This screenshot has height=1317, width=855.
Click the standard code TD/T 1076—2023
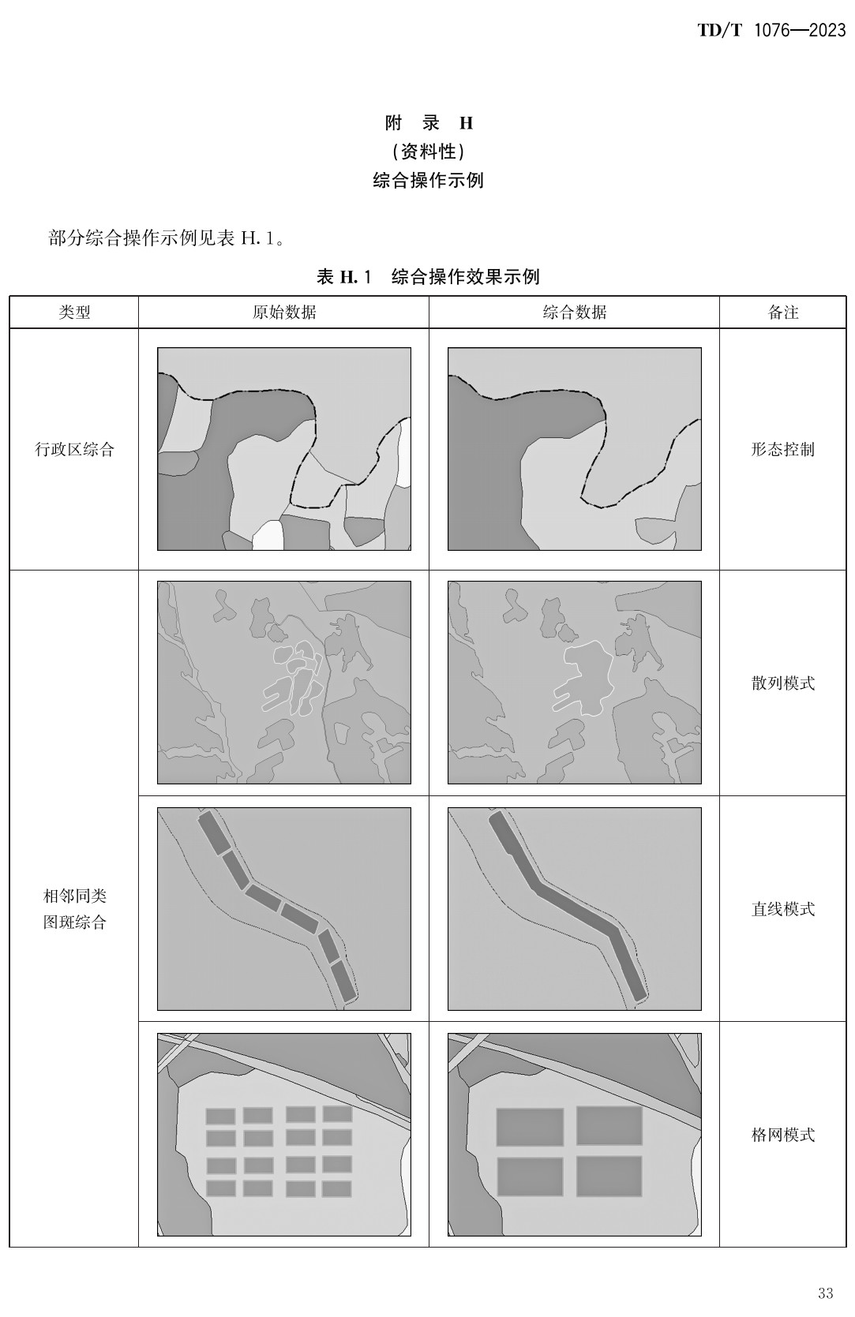tap(771, 31)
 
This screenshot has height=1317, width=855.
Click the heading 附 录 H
tap(428, 123)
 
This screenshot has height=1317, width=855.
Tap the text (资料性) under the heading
tap(428, 152)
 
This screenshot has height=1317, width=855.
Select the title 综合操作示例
tap(428, 181)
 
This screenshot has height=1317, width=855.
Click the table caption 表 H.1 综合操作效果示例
tap(428, 277)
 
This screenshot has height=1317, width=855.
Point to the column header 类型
tap(74, 312)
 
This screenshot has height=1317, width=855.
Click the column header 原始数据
tap(284, 312)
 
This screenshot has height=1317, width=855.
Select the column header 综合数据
tap(574, 312)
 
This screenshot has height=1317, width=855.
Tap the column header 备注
tap(782, 312)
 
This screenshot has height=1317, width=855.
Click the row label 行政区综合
tap(74, 450)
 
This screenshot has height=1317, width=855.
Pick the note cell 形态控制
tap(782, 450)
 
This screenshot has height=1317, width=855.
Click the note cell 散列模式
tap(782, 683)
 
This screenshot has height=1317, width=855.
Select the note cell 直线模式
tap(782, 909)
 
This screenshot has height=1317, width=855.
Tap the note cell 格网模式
tap(782, 1135)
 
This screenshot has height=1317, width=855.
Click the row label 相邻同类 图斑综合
tap(74, 909)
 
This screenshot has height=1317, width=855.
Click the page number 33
tap(825, 1293)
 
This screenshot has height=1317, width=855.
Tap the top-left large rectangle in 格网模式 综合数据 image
tap(530, 1127)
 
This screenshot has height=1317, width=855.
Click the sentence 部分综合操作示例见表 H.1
tap(166, 238)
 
